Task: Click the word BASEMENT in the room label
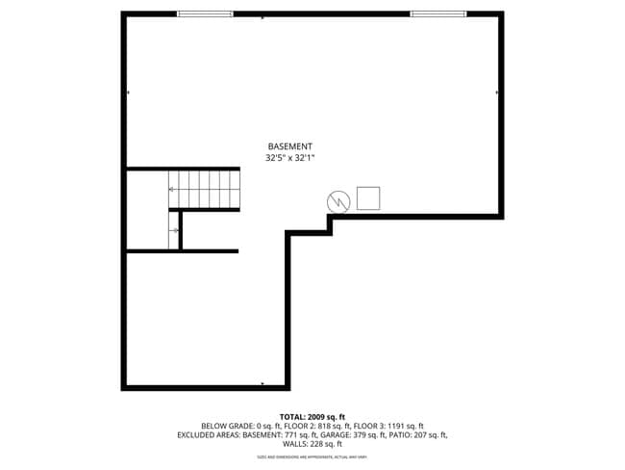(289, 145)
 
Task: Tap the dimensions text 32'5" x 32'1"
(289, 157)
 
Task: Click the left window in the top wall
(205, 13)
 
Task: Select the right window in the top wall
(438, 13)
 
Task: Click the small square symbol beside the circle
(368, 198)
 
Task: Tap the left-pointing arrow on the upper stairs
(172, 190)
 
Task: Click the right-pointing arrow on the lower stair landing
(175, 230)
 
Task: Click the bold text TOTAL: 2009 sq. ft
(312, 416)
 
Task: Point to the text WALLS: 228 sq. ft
(312, 444)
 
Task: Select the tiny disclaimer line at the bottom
(312, 457)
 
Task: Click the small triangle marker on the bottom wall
(262, 385)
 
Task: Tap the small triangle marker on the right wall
(497, 92)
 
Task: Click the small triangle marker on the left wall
(128, 92)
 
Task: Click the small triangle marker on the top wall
(262, 16)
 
